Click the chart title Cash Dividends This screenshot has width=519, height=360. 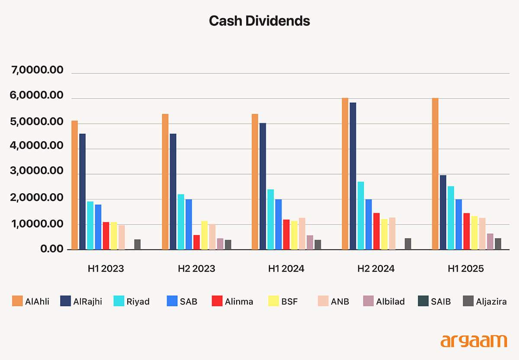pyautogui.click(x=259, y=21)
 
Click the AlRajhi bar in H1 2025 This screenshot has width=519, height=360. pyautogui.click(x=443, y=212)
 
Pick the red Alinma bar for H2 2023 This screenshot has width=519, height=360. pyautogui.click(x=196, y=242)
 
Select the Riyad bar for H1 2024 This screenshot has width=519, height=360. pyautogui.click(x=270, y=219)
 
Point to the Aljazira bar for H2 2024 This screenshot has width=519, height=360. pyautogui.click(x=408, y=244)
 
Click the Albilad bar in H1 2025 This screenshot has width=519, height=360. pyautogui.click(x=490, y=241)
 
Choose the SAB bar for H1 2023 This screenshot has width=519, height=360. pyautogui.click(x=98, y=227)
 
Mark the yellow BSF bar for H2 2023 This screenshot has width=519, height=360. pyautogui.click(x=204, y=235)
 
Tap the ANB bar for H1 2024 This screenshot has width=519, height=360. pyautogui.click(x=302, y=233)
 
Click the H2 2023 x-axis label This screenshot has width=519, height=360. pyautogui.click(x=196, y=268)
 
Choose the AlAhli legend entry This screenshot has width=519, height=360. pyautogui.click(x=30, y=301)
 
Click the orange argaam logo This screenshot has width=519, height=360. pyautogui.click(x=474, y=340)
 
